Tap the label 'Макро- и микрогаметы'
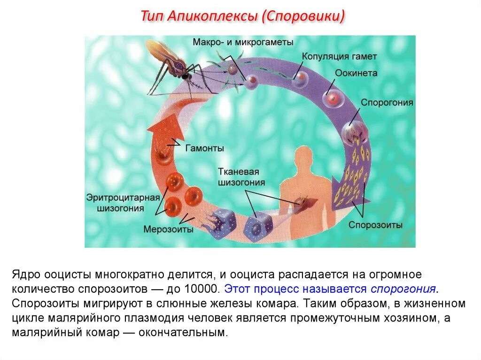click(243, 42)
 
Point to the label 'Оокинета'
click(356, 74)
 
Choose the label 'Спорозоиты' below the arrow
click(375, 225)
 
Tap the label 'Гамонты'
click(204, 148)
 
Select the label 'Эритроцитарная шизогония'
click(123, 202)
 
